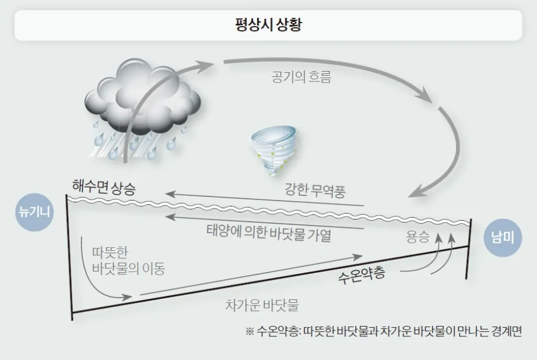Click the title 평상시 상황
click(268, 25)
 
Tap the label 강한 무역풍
click(315, 191)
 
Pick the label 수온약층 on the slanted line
click(361, 273)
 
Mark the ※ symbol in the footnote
click(250, 332)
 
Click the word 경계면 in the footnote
click(506, 332)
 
